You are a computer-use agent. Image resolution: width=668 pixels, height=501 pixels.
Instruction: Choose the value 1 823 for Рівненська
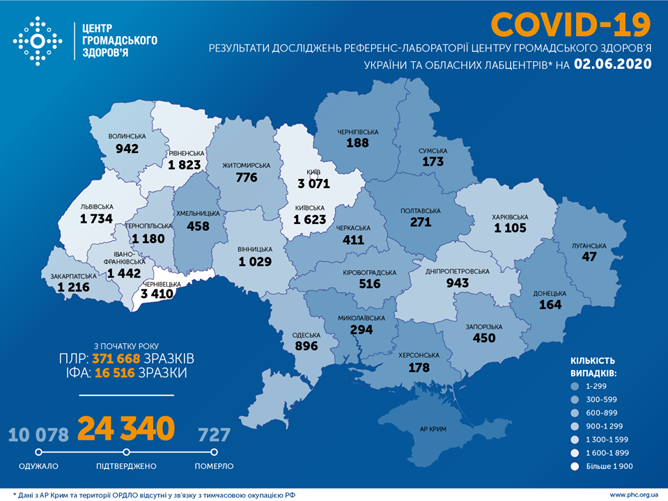[185, 164]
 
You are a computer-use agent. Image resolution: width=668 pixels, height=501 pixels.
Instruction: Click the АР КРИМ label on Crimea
[433, 429]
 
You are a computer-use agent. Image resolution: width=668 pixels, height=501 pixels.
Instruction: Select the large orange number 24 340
[125, 429]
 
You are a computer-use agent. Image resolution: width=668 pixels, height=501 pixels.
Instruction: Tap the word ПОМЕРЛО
[214, 466]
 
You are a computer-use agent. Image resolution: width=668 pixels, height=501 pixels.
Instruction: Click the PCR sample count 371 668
[116, 358]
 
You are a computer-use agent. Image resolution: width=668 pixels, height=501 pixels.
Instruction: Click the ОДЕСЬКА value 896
[306, 345]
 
